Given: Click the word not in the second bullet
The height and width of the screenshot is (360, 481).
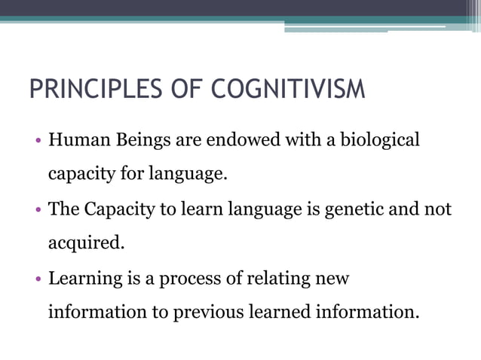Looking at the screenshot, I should pyautogui.click(x=438, y=210).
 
